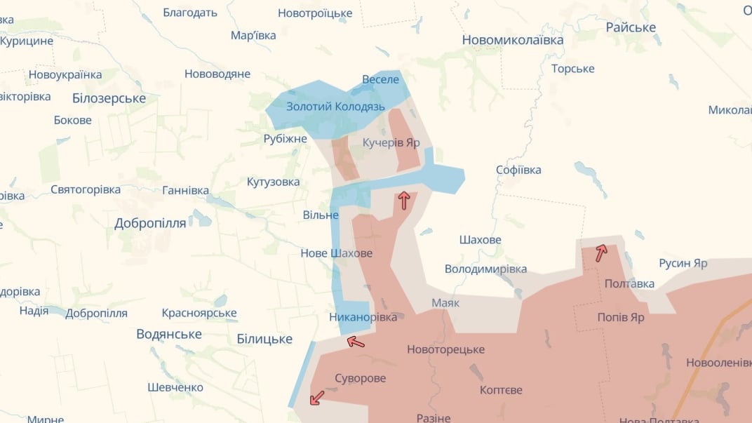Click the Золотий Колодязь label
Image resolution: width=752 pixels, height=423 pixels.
[x=335, y=107]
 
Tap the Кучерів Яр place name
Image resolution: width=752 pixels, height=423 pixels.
[x=391, y=142]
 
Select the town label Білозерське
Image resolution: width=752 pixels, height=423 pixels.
[x=109, y=98]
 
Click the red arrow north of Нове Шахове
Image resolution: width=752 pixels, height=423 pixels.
[x=404, y=201]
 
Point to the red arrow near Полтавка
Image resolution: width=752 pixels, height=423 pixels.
[x=601, y=253]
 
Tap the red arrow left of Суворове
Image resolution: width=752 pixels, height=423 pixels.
[x=317, y=398]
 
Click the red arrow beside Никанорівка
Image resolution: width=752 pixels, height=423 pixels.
[x=356, y=342]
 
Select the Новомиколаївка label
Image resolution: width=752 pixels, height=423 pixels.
[x=512, y=40]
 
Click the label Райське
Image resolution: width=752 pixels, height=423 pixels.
[x=631, y=27]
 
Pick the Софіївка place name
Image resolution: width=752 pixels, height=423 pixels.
[x=518, y=170]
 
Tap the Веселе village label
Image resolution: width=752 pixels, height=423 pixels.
[x=380, y=79]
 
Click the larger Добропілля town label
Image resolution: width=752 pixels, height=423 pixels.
[x=150, y=223]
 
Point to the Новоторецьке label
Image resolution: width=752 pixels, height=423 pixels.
[x=445, y=349]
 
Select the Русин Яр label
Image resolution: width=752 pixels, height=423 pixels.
[x=683, y=264]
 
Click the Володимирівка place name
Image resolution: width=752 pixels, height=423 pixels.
[x=485, y=269]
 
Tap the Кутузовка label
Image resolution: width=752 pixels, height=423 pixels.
[x=273, y=182]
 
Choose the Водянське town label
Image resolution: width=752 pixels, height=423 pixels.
[x=169, y=334]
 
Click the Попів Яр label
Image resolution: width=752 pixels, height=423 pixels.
[x=620, y=317]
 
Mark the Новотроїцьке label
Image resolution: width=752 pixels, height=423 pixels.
[x=315, y=13]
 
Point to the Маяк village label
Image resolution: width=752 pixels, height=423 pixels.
[x=445, y=303]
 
